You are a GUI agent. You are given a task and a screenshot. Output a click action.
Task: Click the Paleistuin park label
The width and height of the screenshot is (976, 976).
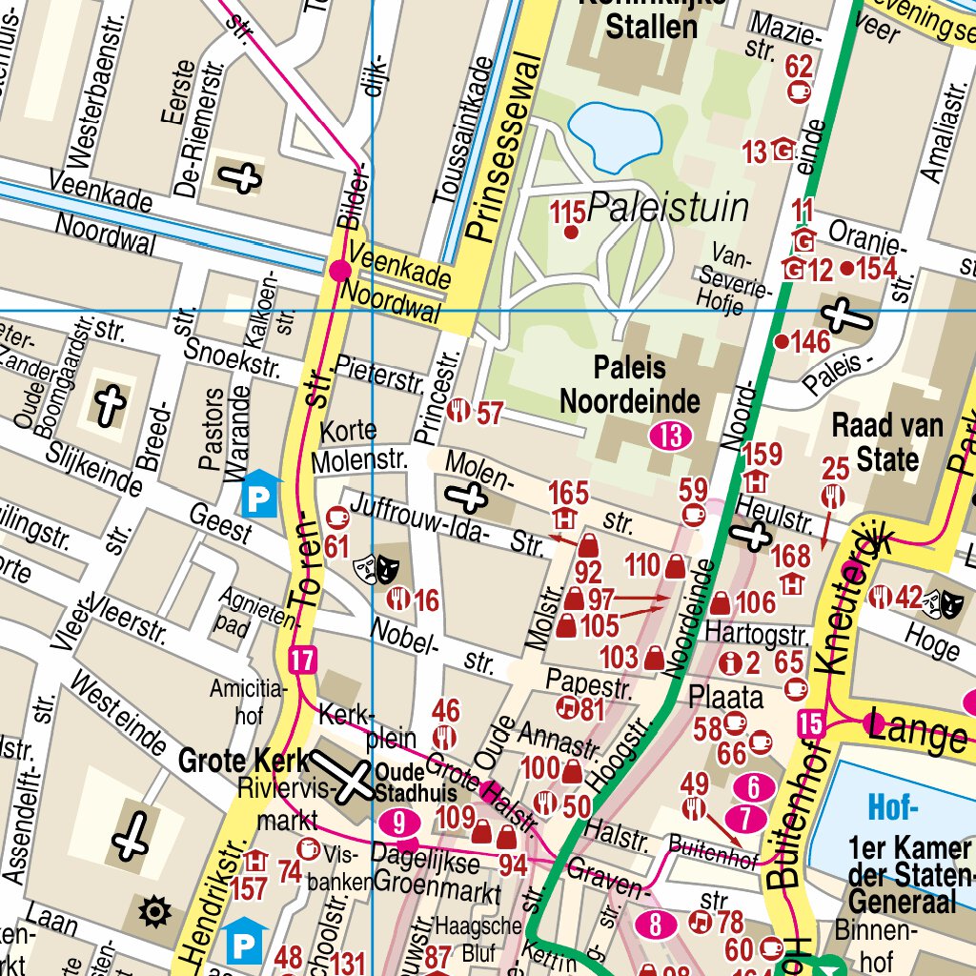(x=668, y=207)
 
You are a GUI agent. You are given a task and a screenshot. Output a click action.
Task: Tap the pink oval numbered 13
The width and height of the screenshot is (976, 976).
(x=672, y=437)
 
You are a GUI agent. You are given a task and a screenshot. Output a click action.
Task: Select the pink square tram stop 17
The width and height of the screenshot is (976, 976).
(x=303, y=660)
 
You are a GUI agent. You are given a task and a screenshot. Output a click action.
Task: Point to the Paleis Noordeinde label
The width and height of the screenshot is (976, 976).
(x=629, y=384)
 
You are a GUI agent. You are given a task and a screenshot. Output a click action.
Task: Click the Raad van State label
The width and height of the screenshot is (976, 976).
(x=887, y=442)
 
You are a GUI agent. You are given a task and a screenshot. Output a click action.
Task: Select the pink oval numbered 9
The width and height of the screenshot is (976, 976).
(x=399, y=822)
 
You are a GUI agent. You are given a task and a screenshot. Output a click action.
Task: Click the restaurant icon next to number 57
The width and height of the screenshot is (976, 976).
(x=459, y=412)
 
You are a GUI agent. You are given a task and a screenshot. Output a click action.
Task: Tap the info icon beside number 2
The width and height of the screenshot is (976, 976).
(x=732, y=662)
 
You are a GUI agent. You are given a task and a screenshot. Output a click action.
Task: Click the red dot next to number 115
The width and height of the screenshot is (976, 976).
(x=572, y=232)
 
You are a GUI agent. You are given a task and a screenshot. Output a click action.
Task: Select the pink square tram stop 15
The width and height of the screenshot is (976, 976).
(x=812, y=723)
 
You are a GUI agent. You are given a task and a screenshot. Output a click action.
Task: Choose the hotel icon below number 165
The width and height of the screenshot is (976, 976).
(x=563, y=519)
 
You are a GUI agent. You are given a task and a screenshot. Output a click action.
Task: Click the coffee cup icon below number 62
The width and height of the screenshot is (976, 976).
(x=800, y=91)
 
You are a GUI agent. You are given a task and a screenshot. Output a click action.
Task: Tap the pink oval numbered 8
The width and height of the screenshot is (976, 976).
(x=656, y=924)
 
